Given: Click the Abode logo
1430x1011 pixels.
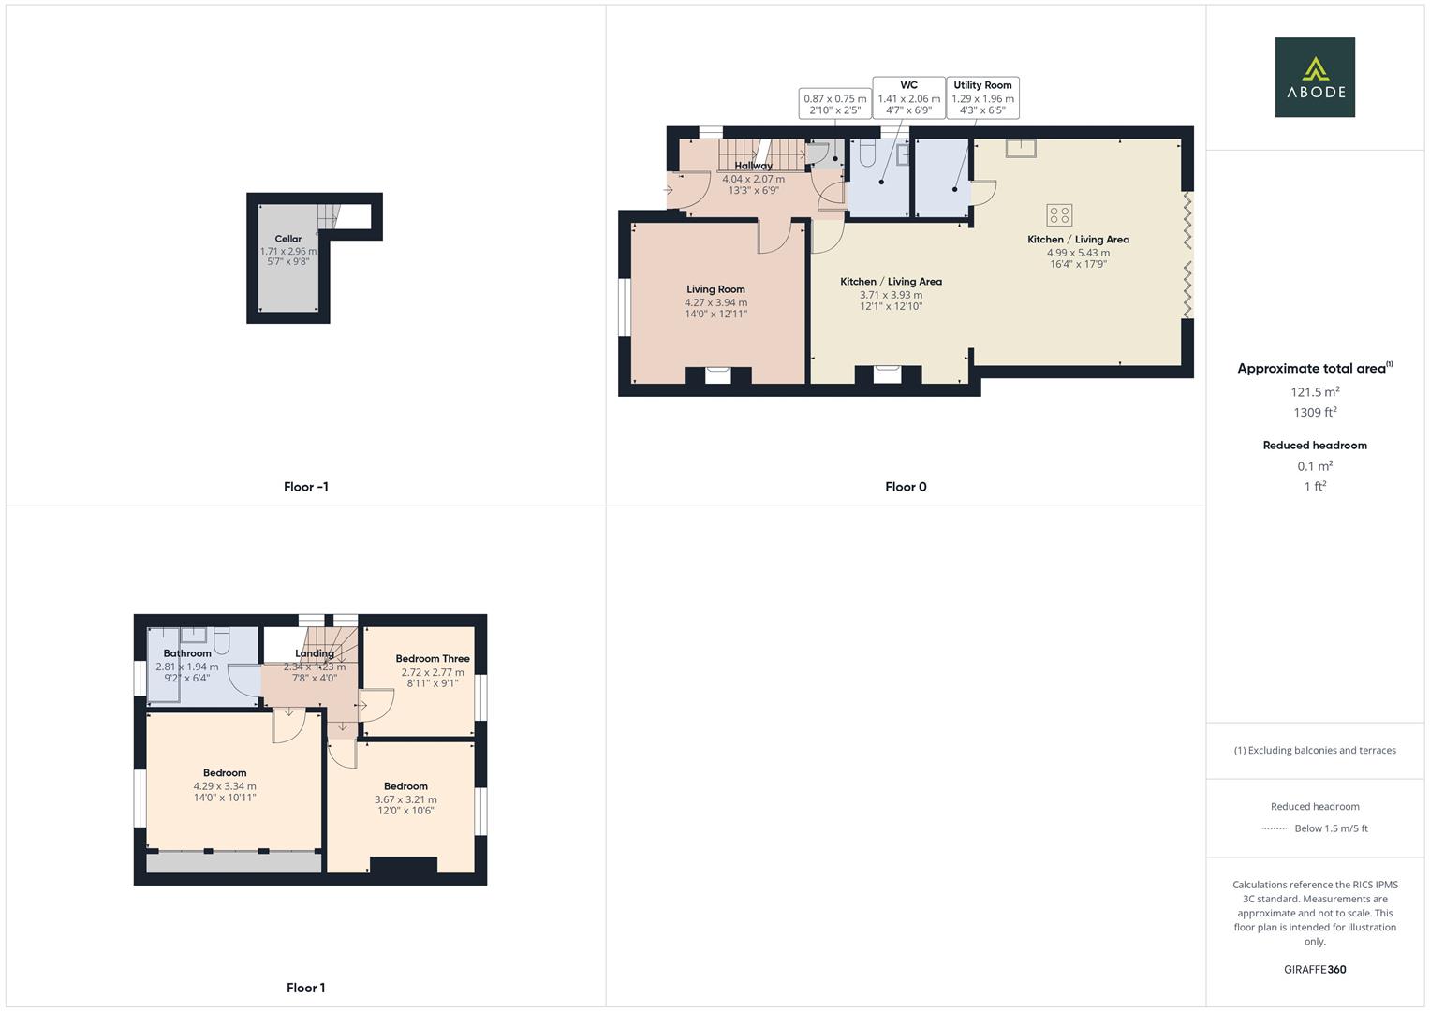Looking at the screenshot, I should tap(1314, 77).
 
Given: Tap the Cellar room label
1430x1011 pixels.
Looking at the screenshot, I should tap(287, 239).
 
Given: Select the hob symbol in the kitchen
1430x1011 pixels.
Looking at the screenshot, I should tap(1059, 215).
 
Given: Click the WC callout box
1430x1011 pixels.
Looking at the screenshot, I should tap(908, 97).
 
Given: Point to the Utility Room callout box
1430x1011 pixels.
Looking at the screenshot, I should tap(982, 97).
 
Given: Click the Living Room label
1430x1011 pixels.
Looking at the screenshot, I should tap(715, 289).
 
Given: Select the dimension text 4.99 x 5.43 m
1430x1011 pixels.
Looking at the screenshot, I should tap(1078, 253).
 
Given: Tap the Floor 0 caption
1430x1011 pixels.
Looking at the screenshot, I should tap(906, 487).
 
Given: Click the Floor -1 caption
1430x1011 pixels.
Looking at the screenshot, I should tap(306, 487).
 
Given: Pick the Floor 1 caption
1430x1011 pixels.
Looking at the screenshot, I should tap(306, 988).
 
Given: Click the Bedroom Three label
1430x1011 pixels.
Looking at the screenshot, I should tap(433, 659).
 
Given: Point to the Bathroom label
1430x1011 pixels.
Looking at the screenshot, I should tap(187, 653).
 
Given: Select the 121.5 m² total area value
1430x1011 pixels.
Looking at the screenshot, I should tap(1315, 392).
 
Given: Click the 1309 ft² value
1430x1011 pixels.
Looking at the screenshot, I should tap(1315, 413).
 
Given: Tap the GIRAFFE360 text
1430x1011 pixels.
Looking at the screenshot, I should tap(1315, 970).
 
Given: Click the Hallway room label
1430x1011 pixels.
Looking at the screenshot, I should tap(754, 166).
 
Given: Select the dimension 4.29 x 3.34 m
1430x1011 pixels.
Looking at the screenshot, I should tap(225, 786).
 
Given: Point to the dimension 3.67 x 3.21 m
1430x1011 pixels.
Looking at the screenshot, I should tap(405, 799).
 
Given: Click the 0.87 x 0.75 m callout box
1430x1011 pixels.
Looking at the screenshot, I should tap(834, 104).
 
